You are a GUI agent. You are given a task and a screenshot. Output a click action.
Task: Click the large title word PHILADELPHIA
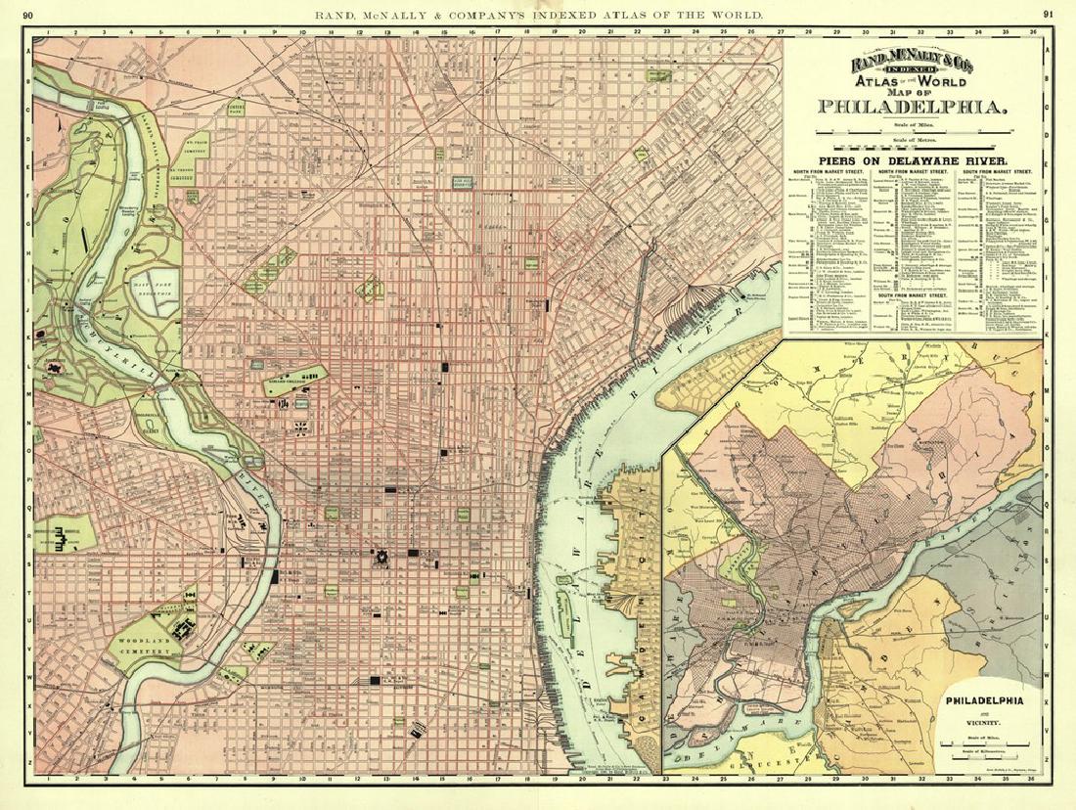point(913,107)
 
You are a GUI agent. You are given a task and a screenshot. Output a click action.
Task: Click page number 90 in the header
point(27,14)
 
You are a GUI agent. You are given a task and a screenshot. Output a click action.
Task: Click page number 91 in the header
point(1048,14)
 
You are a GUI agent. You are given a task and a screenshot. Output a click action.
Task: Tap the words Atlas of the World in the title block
point(913,82)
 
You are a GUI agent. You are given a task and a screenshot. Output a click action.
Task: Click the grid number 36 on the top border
point(1033,31)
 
